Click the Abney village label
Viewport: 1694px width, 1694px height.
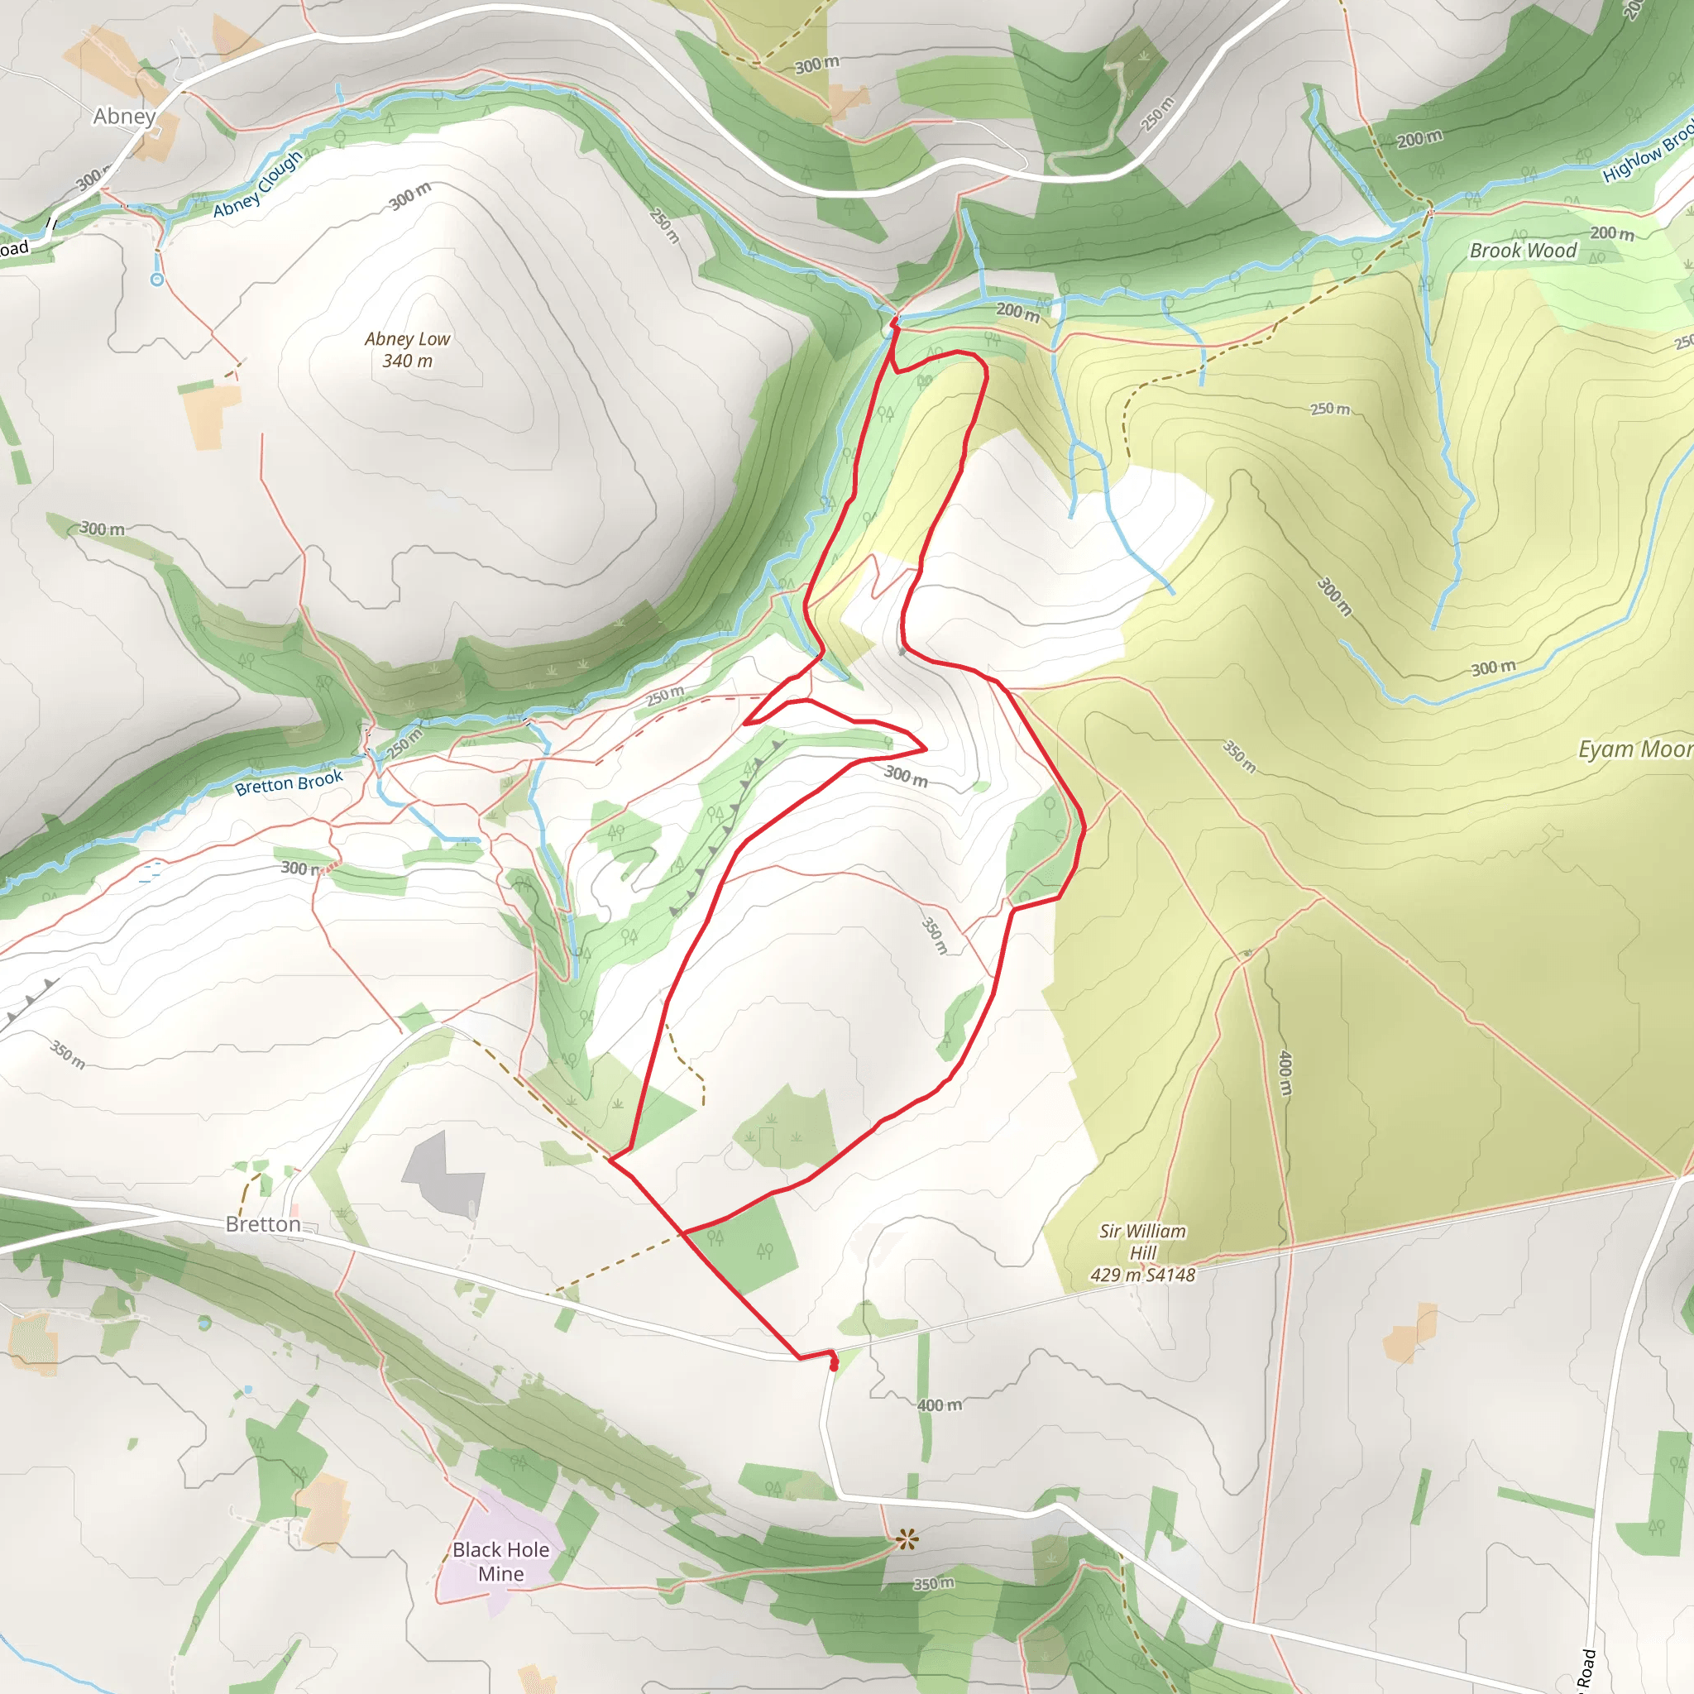pos(125,116)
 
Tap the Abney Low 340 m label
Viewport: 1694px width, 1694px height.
pos(408,350)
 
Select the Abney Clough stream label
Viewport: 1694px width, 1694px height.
pos(258,184)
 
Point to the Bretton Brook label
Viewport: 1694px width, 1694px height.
pos(289,782)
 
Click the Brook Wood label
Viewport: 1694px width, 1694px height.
pos(1523,251)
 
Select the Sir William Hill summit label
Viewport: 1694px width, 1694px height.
pos(1142,1253)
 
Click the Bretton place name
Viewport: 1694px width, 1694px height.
pos(263,1224)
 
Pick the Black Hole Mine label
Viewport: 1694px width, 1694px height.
pos(500,1562)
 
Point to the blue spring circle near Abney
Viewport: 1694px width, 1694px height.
pos(157,280)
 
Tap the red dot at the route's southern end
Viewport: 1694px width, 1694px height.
pos(834,1365)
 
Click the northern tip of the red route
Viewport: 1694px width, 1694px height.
pos(893,322)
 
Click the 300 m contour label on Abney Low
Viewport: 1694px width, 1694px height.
pos(409,196)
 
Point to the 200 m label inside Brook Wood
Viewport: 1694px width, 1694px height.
pos(1611,232)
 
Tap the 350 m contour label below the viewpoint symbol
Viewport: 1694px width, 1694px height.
pos(933,1583)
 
